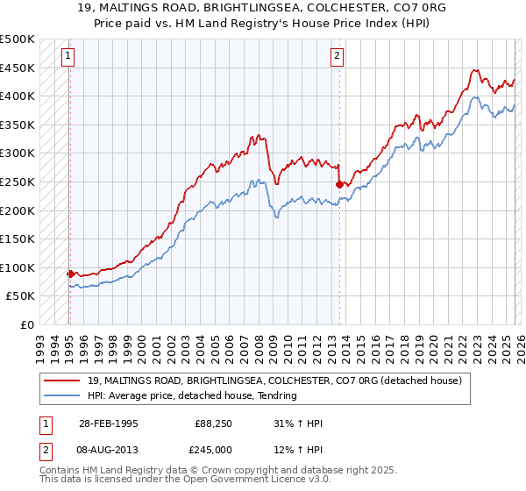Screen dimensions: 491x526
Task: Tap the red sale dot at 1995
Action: [x=70, y=274]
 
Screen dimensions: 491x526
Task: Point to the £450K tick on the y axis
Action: [x=18, y=68]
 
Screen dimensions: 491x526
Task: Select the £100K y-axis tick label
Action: [x=18, y=267]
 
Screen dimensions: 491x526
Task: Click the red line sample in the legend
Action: [x=63, y=381]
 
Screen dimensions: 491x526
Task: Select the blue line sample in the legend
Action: [x=63, y=395]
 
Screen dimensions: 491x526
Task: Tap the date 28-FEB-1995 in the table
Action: [x=109, y=423]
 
